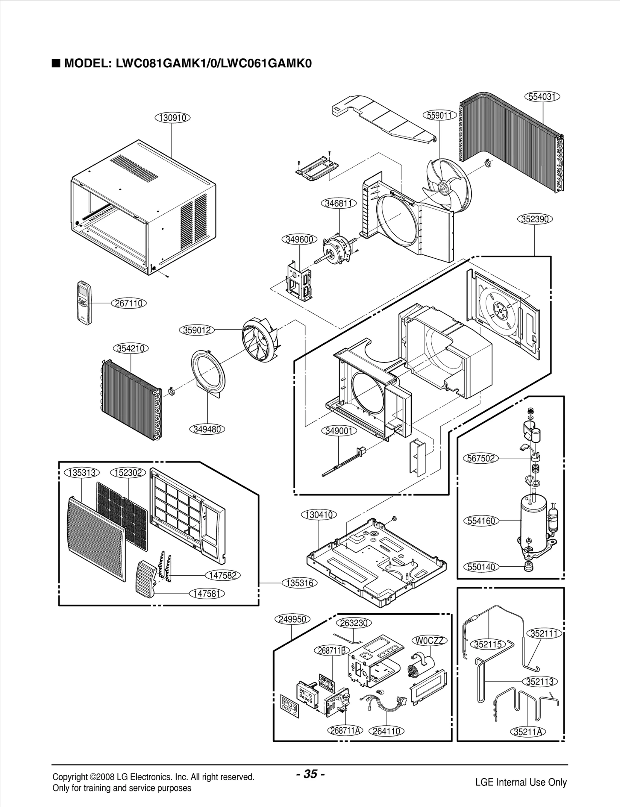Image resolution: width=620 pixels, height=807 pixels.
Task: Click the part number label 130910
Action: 172,117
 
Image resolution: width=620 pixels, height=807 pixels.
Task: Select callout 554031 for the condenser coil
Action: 542,96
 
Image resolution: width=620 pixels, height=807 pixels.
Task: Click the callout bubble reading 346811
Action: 338,203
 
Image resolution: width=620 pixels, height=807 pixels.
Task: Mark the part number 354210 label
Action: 131,348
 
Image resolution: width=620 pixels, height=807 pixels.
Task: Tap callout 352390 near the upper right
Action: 535,219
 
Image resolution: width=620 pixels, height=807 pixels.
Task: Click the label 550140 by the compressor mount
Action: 481,567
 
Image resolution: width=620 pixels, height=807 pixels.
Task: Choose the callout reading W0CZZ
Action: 429,640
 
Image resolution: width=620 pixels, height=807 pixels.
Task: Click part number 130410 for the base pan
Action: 319,515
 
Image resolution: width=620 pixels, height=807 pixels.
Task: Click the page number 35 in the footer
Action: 310,763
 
